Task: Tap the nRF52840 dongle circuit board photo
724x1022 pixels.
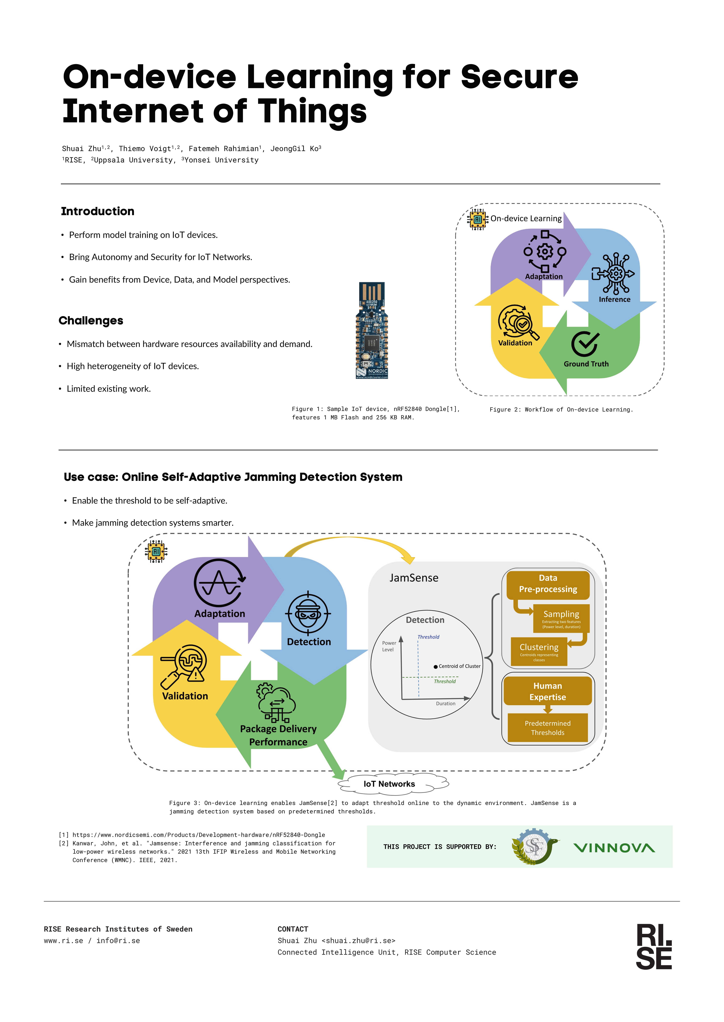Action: click(372, 331)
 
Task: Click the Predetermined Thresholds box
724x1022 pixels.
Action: click(547, 727)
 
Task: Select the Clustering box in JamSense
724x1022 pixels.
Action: click(539, 651)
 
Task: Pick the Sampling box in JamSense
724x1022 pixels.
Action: click(561, 618)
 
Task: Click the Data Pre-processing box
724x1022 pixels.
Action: click(548, 585)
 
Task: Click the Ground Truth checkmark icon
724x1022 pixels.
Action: click(585, 343)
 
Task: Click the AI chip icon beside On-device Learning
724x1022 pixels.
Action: click(478, 219)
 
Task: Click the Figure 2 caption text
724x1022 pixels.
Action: click(561, 409)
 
